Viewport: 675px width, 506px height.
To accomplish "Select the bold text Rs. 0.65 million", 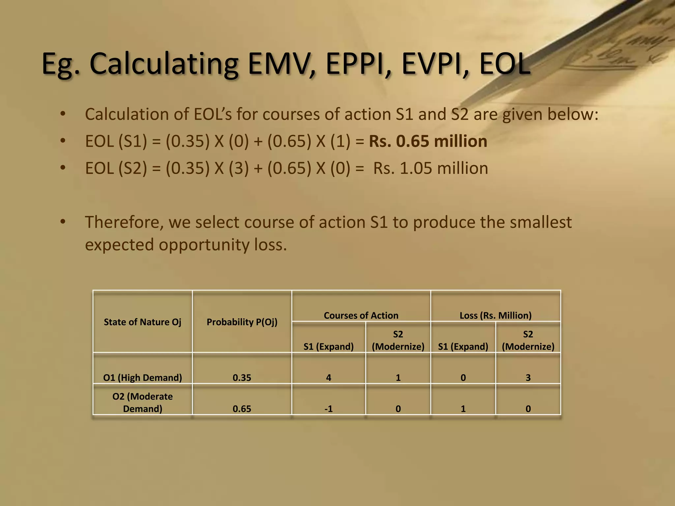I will point(428,141).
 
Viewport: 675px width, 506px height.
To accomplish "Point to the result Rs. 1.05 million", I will point(430,168).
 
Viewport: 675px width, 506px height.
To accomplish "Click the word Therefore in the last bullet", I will point(125,222).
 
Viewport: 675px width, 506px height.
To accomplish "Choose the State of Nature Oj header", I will point(142,322).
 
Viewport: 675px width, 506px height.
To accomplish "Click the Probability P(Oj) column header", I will point(242,322).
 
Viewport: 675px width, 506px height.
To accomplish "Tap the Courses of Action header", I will point(361,315).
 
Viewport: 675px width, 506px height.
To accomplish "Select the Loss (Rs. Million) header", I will point(495,315).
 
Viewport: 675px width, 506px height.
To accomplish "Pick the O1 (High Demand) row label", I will point(142,378).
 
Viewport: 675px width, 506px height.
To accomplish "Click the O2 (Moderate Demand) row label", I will point(142,402).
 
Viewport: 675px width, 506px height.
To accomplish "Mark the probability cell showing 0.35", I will point(242,378).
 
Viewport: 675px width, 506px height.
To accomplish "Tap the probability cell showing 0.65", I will point(242,409).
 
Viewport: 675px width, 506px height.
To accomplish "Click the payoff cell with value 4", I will point(328,378).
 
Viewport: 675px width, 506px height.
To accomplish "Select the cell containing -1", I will point(328,409).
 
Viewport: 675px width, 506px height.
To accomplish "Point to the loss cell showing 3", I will point(528,378).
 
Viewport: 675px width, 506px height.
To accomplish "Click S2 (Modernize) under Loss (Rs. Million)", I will point(528,340).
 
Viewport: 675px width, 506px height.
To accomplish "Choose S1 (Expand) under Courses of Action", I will point(328,347).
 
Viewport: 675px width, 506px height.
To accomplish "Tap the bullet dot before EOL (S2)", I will point(63,168).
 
